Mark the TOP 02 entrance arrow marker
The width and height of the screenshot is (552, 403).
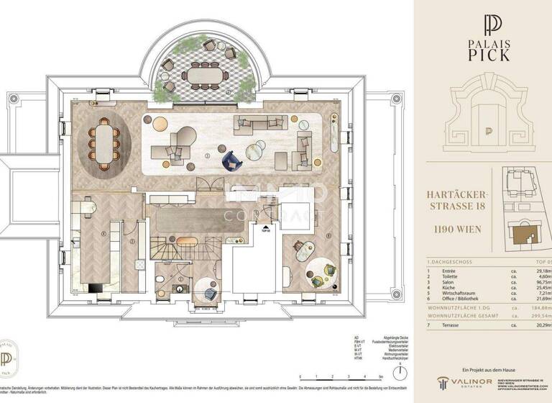[x=266, y=230]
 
